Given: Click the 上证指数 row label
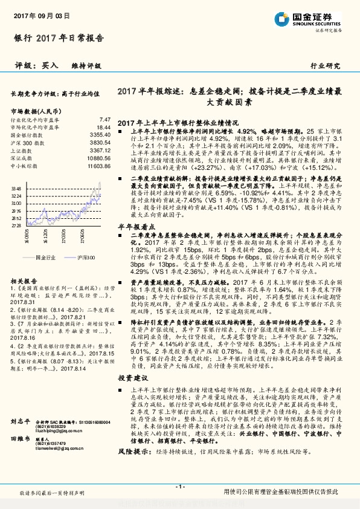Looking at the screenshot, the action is point(24,150).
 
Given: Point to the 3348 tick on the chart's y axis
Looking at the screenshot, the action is point(16,189).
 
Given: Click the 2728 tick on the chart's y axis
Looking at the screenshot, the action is point(16,225).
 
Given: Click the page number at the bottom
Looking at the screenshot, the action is point(179,487).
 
